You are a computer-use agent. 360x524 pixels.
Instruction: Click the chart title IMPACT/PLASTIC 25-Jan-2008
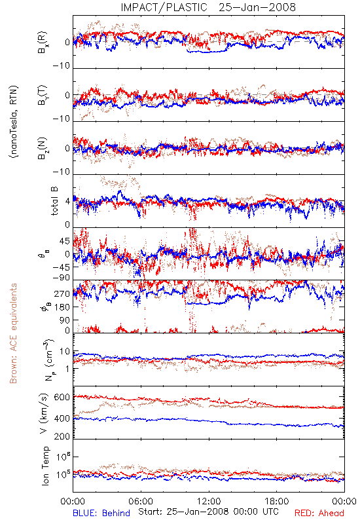tap(208, 7)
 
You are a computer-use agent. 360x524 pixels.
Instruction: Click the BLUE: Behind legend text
tap(101, 513)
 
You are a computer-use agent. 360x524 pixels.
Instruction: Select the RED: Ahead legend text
tap(319, 513)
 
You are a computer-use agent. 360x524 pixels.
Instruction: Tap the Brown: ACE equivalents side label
tap(13, 333)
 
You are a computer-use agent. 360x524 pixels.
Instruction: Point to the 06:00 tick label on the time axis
tap(141, 501)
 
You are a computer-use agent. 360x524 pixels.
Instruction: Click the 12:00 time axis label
tap(209, 501)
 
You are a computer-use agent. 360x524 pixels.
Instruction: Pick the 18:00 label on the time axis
tap(277, 501)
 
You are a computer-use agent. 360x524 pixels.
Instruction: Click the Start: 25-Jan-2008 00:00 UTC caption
tap(208, 512)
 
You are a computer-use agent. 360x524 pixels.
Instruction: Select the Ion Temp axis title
tap(45, 466)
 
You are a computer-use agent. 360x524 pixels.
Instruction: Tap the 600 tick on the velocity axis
tap(62, 397)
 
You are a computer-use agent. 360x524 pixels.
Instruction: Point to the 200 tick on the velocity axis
tap(62, 436)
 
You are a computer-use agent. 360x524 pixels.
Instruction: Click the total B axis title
tap(54, 201)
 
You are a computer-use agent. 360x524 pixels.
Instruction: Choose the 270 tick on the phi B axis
tap(62, 293)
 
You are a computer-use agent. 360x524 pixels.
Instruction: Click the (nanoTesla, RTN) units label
tap(14, 122)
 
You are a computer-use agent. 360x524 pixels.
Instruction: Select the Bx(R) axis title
tap(43, 42)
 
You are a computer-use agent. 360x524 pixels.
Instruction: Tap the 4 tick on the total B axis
tap(68, 202)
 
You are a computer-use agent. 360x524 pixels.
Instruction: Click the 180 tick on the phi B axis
tap(62, 307)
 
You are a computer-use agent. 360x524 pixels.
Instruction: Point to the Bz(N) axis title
tap(43, 148)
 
